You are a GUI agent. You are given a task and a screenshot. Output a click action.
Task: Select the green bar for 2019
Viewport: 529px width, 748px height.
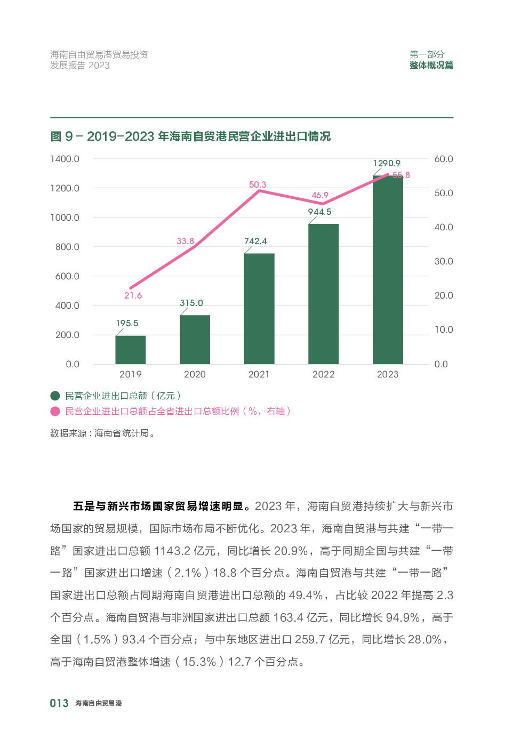[x=131, y=350]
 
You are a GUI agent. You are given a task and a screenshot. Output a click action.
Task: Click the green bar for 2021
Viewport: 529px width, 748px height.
[x=259, y=309]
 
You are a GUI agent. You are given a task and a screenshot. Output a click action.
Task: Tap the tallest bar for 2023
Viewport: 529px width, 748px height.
[x=388, y=270]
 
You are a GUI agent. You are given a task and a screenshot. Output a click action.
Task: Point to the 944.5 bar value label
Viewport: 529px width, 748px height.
[x=319, y=212]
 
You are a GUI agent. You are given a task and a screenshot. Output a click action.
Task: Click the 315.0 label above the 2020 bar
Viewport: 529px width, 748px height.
[x=191, y=303]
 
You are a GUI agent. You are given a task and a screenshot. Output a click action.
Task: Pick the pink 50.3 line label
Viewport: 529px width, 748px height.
[x=258, y=184]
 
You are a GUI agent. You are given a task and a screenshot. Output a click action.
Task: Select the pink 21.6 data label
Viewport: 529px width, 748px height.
[x=133, y=295]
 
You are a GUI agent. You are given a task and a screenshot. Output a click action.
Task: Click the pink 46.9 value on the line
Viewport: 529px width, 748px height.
[x=320, y=195]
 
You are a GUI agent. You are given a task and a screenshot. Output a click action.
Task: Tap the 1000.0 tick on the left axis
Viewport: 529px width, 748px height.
[x=65, y=218]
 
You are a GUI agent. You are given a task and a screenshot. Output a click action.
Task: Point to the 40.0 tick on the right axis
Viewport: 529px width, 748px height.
[x=443, y=227]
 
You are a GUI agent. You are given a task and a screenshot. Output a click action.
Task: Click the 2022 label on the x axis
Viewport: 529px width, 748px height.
[x=323, y=374]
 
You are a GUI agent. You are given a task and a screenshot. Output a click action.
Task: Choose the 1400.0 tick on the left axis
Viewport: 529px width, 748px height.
[x=65, y=159]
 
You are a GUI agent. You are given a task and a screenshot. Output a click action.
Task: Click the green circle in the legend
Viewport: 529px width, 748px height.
[x=55, y=396]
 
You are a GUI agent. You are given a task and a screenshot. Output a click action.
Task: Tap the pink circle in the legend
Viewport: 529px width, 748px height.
[x=55, y=411]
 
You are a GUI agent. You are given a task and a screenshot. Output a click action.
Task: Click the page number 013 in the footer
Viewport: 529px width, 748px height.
[x=59, y=703]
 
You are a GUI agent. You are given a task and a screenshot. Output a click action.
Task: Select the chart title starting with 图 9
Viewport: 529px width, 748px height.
[x=190, y=136]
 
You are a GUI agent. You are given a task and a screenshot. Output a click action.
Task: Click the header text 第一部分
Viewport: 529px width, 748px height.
[x=427, y=54]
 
